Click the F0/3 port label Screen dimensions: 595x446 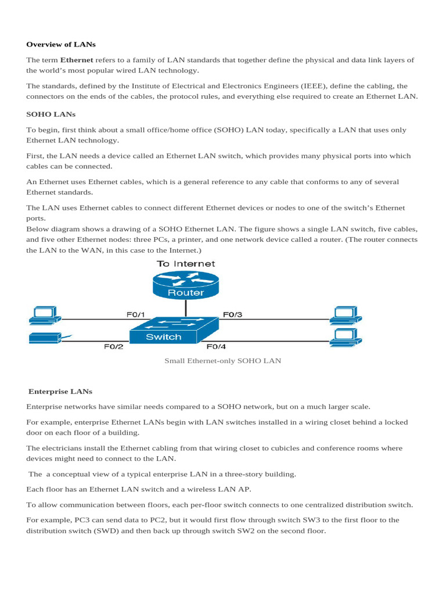pos(232,314)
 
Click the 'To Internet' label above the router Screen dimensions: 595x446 pos(186,264)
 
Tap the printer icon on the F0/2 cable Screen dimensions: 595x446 pos(45,338)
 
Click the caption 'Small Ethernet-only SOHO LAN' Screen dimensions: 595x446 pos(222,361)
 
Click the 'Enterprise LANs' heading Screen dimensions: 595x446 pos(60,391)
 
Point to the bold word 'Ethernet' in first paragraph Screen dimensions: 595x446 pos(76,60)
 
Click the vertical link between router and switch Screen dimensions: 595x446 pos(186,309)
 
